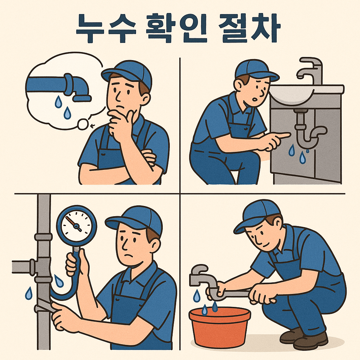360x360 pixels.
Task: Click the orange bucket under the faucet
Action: click(219, 327)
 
